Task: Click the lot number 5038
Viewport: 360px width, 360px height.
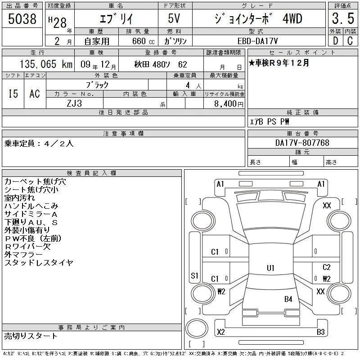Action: coord(22,19)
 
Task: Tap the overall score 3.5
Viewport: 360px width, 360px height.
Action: coord(343,18)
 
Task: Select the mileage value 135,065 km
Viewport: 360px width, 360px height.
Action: coord(46,64)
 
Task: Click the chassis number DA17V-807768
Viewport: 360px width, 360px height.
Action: coord(302,143)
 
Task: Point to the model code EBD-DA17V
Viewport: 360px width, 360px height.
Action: coord(257,41)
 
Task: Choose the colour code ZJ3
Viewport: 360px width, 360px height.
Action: coord(74,103)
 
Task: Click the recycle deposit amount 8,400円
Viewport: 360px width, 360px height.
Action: coord(229,104)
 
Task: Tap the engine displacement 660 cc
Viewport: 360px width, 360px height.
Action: coord(143,41)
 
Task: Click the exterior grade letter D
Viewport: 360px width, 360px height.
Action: coord(335,41)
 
